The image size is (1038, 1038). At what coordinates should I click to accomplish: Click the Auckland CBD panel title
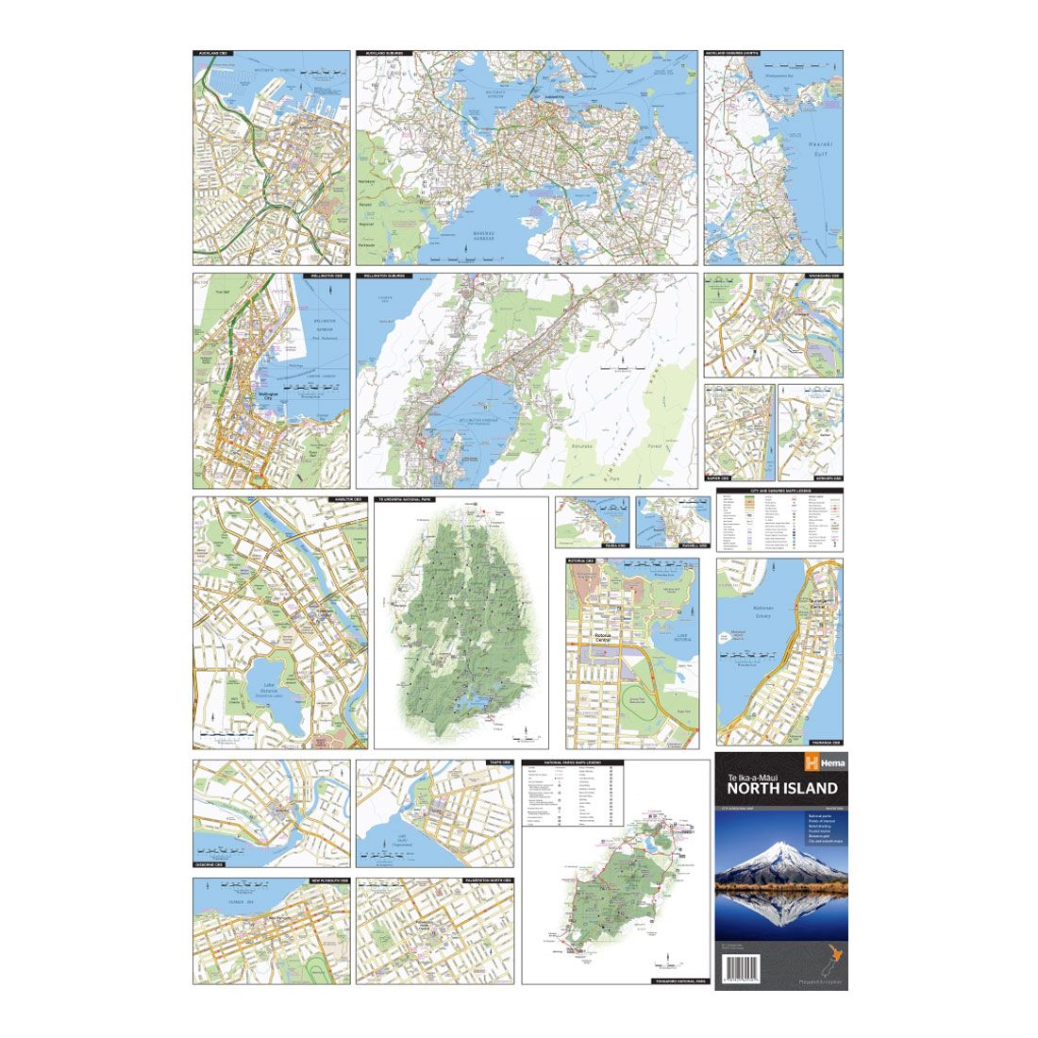click(x=213, y=54)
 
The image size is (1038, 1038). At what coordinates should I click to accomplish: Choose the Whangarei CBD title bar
click(x=822, y=277)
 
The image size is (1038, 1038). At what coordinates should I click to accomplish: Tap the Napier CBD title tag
click(x=721, y=478)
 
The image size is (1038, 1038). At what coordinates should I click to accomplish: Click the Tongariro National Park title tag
click(x=674, y=981)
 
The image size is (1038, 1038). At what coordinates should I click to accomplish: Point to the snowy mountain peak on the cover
click(x=779, y=852)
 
